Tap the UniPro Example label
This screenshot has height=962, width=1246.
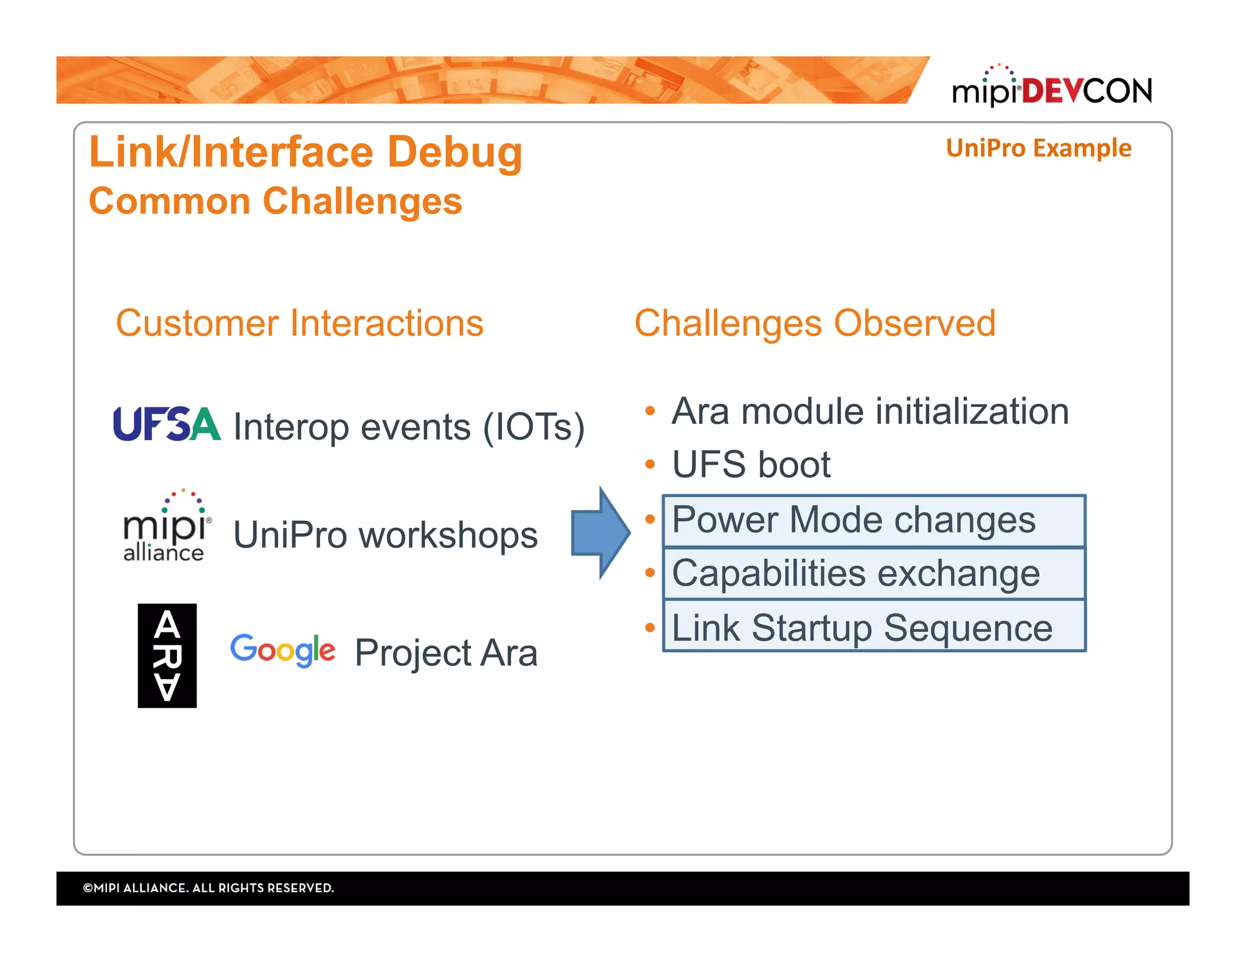pos(1038,148)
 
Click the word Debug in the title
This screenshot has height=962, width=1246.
pos(454,152)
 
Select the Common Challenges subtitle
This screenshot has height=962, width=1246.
pos(275,201)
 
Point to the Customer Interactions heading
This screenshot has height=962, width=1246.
pos(299,323)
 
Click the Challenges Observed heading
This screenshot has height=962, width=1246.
pos(815,323)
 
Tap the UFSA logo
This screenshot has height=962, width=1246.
pos(166,424)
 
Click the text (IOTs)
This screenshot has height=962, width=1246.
pos(533,427)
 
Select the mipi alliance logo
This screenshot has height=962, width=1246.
pos(164,527)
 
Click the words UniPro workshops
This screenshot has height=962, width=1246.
pos(385,535)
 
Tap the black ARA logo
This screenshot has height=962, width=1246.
pos(167,656)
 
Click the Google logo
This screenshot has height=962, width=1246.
pos(282,649)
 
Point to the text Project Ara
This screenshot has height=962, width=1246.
pos(446,653)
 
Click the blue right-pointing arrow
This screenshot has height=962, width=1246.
pos(599,533)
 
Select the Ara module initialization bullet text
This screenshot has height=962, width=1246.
pos(870,412)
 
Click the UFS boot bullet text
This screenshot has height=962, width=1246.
pos(751,465)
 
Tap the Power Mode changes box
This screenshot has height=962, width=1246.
pos(874,521)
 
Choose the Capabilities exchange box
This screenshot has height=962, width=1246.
pos(874,574)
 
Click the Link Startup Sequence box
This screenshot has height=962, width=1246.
pos(874,627)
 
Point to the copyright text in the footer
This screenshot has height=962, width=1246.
pos(209,888)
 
